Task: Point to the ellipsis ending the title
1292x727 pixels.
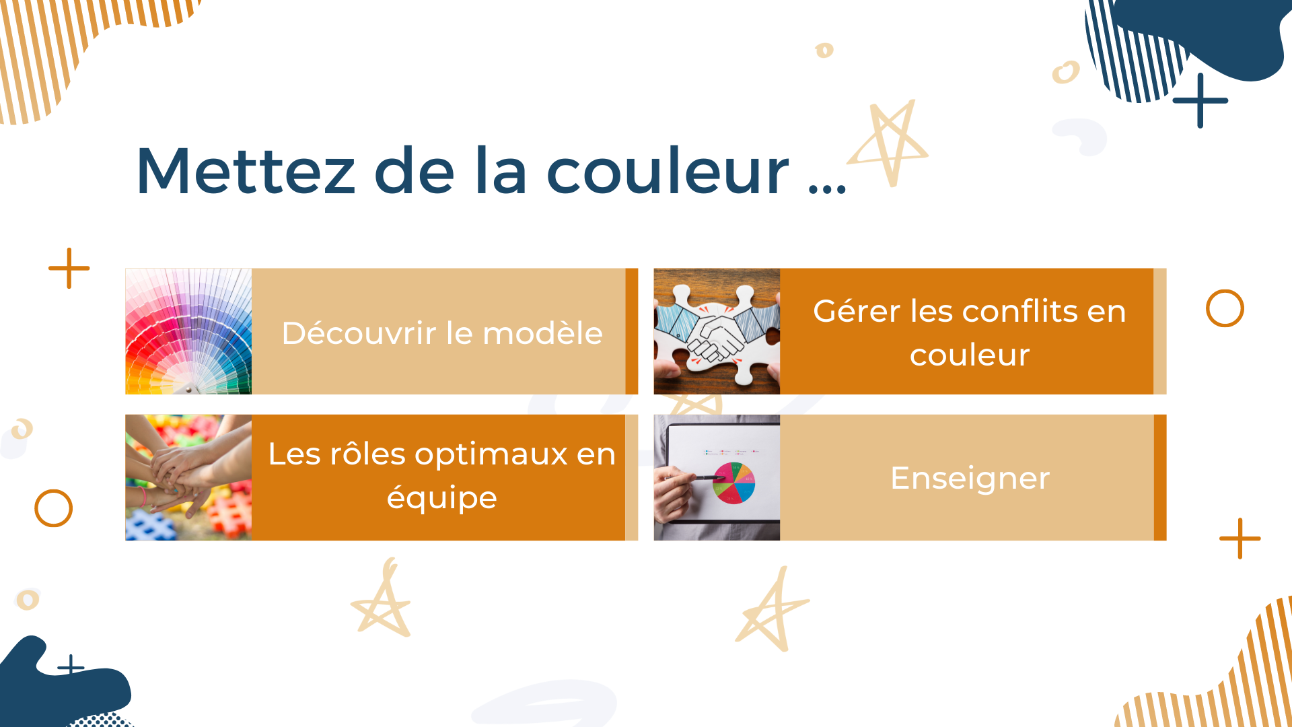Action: coord(827,188)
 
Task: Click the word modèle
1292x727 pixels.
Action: coord(542,333)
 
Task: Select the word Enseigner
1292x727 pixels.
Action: coord(970,478)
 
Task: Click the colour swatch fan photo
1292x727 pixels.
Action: coord(188,331)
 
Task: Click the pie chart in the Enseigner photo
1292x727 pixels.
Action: coord(733,483)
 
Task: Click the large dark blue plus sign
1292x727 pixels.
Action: coord(1200,100)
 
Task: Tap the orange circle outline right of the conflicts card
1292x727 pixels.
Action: coord(1225,291)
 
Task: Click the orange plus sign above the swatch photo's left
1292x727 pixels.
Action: coord(69,268)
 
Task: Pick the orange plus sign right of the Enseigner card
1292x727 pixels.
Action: coord(1240,539)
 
